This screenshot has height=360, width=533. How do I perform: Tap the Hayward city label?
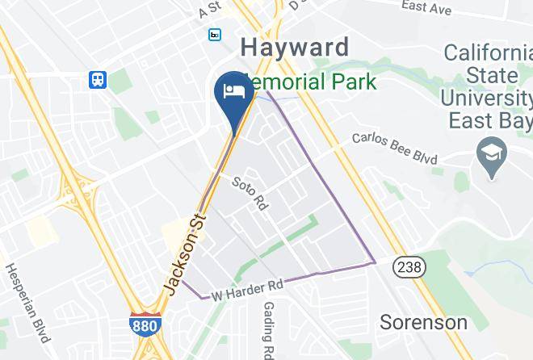295,46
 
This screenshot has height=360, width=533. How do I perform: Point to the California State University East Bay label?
486,86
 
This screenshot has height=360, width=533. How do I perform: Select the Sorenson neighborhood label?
424,323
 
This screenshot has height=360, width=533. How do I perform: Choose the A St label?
209,8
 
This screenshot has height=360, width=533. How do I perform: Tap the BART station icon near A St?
214,35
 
